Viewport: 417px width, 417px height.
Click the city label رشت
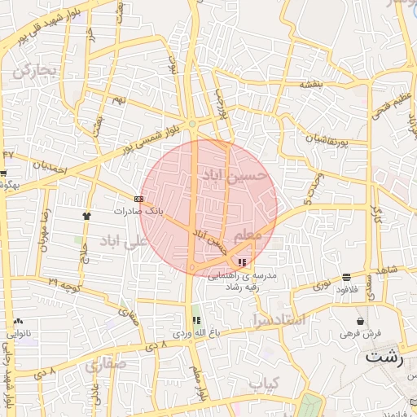tap(385, 356)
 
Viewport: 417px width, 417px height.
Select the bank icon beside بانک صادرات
tap(138, 199)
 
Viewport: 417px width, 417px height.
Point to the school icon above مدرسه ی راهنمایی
tap(241, 262)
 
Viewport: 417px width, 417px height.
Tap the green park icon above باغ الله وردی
tap(195, 321)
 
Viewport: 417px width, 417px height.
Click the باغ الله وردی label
tap(192, 334)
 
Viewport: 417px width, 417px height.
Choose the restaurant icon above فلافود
tap(348, 277)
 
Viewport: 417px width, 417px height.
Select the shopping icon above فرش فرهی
tap(361, 322)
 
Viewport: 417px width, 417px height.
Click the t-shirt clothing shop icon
tap(86, 216)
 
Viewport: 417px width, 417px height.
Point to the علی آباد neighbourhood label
tap(121, 242)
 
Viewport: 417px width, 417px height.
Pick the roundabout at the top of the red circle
tap(192, 124)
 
